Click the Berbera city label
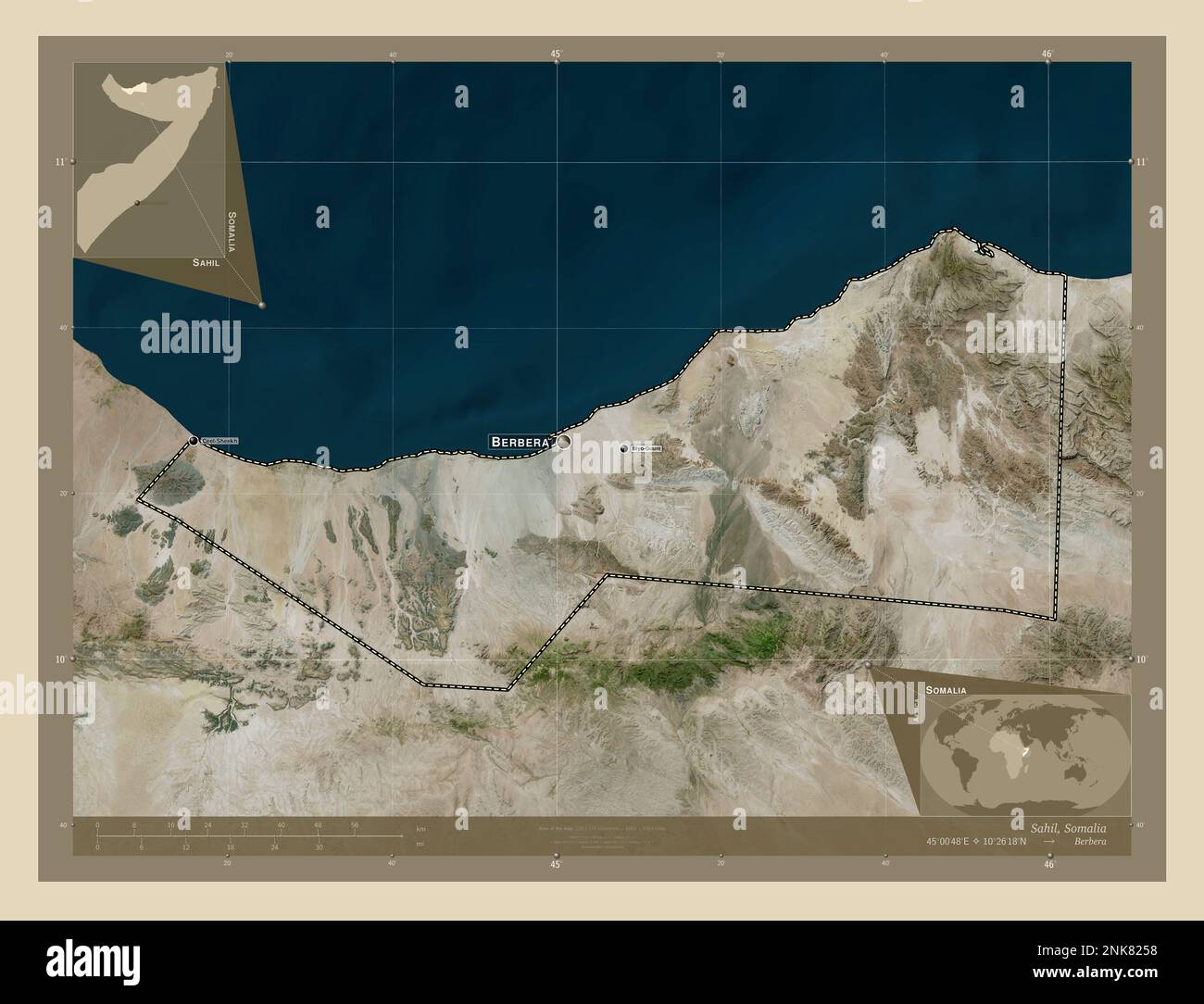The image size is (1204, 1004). (x=520, y=443)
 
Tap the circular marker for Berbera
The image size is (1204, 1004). (x=563, y=442)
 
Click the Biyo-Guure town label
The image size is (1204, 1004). (x=646, y=448)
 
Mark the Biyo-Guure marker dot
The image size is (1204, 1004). (x=623, y=448)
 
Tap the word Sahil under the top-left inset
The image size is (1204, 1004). (x=206, y=263)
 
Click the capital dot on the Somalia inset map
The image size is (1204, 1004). (x=137, y=202)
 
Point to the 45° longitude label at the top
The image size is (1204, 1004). (x=556, y=55)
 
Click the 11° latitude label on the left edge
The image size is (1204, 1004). (x=58, y=162)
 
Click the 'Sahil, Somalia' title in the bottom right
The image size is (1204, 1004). (x=1068, y=826)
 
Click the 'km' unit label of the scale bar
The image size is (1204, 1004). (x=421, y=828)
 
